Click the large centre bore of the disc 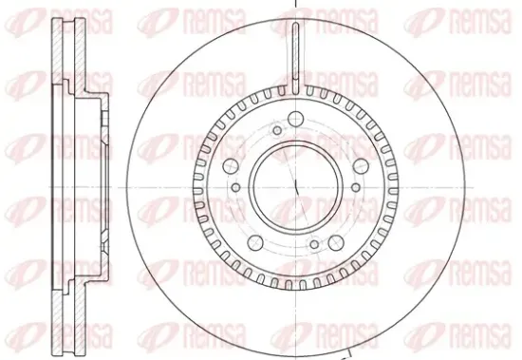pos(295,187)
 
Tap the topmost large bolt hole pos(295,119)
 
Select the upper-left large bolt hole pos(231,166)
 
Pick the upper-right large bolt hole pos(361,166)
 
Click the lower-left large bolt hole pos(255,242)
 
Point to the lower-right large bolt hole pos(336,242)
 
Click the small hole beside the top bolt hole pos(277,130)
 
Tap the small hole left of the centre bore pos(235,187)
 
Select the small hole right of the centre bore pos(356,187)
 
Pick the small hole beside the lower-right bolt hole pos(314,244)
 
